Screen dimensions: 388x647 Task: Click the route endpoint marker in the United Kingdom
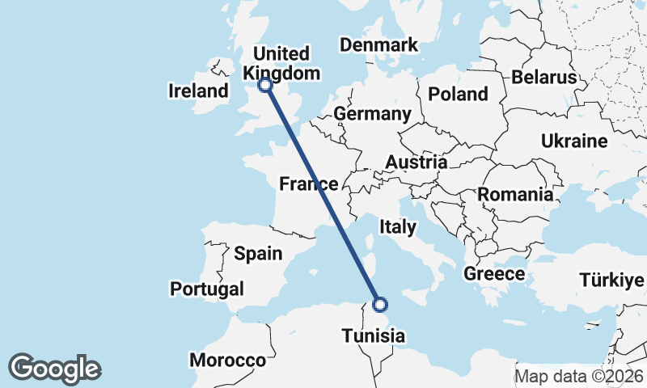pos(264,84)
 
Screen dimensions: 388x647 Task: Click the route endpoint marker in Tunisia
pos(381,305)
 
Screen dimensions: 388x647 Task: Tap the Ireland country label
pos(199,91)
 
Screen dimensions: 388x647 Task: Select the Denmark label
pos(378,45)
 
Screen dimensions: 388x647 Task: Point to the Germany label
pos(373,114)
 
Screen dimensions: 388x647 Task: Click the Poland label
pos(458,94)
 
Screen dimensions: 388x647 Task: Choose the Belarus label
pos(543,78)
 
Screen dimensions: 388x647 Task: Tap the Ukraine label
pos(574,141)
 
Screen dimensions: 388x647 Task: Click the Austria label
pos(416,162)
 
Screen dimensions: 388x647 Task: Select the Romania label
pos(515,194)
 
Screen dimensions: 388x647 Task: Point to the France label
pos(308,184)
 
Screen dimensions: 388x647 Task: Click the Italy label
pos(397,227)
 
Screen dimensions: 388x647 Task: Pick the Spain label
pos(258,254)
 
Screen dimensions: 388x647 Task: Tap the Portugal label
pos(207,289)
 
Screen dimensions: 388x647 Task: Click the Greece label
pos(494,274)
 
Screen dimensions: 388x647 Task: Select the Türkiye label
pos(612,280)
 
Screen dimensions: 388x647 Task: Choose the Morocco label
pos(228,360)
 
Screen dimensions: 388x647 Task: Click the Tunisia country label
pos(373,335)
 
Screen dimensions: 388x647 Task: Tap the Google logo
pos(54,368)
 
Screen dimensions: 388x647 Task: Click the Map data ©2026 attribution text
pos(579,376)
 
